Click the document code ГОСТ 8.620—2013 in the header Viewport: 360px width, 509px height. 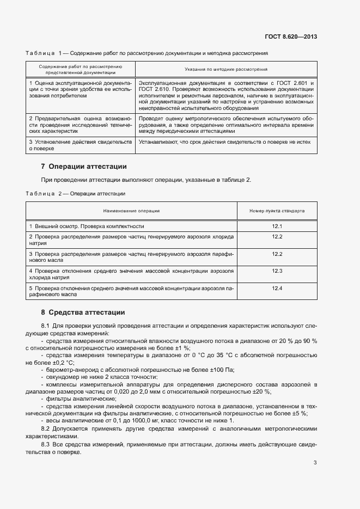point(291,37)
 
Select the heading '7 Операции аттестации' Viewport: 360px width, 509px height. point(84,166)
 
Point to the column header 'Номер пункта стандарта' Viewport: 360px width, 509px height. point(277,210)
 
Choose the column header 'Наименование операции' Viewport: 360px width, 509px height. point(132,210)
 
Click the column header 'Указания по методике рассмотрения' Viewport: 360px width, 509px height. point(225,70)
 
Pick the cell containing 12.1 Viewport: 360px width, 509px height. point(277,225)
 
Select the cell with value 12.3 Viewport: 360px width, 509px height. point(277,271)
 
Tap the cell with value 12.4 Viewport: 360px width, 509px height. point(277,288)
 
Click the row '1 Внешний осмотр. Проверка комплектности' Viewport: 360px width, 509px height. point(86,225)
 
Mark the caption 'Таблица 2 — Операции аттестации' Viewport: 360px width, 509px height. point(76,193)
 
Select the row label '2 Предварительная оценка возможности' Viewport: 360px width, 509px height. point(80,118)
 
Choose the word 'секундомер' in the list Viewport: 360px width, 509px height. point(63,376)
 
